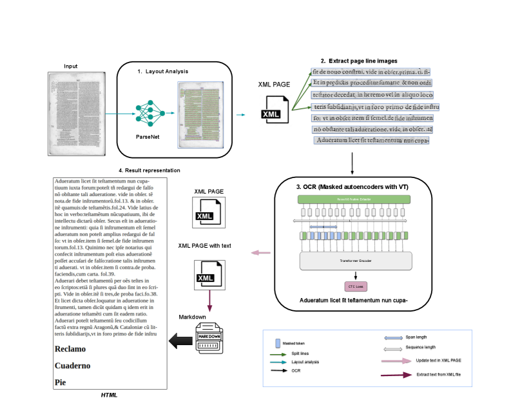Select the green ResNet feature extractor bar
[x=352, y=200]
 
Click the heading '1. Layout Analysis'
[x=163, y=71]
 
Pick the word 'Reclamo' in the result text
[x=70, y=349]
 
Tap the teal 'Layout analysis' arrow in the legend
[x=278, y=363]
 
